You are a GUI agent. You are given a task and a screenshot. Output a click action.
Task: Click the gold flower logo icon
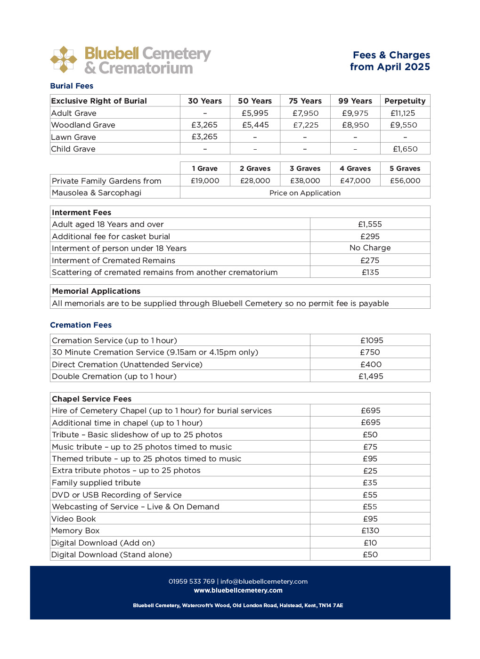(64, 60)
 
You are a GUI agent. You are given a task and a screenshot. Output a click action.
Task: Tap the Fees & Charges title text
(391, 55)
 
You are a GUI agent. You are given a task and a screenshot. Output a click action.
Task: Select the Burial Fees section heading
(72, 86)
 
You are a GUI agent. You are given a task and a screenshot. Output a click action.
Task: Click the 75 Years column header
(305, 101)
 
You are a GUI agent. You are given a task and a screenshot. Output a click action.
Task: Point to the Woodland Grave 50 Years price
(255, 125)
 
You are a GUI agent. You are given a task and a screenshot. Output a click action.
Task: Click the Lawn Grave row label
(73, 137)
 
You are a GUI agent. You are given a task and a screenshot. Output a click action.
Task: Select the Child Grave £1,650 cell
(405, 149)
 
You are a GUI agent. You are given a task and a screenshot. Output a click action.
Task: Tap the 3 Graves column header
(305, 169)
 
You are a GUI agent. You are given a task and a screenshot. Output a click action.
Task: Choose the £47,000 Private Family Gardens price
(355, 181)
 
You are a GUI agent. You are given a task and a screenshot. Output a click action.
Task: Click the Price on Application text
(305, 193)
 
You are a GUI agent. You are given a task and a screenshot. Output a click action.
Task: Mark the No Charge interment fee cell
(370, 248)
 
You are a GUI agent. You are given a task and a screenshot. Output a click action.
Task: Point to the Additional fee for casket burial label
(111, 236)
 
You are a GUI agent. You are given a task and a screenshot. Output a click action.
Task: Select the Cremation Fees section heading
(81, 325)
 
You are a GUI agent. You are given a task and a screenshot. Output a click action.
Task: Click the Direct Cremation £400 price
(371, 364)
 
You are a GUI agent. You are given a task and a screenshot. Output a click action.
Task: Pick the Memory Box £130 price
(370, 530)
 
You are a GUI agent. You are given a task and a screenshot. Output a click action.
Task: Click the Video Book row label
(73, 519)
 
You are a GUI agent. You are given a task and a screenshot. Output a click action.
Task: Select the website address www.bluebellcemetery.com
(238, 590)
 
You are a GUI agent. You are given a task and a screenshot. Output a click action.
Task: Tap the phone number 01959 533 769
(192, 581)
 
